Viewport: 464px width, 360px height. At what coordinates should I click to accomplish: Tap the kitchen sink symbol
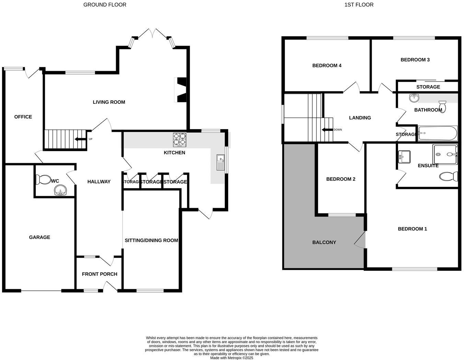tap(220, 162)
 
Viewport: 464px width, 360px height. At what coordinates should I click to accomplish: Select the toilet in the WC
tap(43, 179)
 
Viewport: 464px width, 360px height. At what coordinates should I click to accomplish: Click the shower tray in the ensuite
tap(445, 154)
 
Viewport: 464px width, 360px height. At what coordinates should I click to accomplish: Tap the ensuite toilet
tap(449, 177)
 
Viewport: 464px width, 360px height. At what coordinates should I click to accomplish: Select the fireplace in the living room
tap(181, 90)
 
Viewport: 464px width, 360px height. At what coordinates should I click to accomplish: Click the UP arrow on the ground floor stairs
tap(81, 139)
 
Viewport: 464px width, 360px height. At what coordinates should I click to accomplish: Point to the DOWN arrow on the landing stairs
tap(327, 130)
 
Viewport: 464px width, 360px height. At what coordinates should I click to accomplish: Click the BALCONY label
tap(324, 243)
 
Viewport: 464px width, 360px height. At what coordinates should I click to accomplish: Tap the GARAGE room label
tap(39, 237)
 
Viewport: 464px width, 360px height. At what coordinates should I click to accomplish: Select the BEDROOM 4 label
tap(327, 66)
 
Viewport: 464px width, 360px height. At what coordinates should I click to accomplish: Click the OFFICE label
tap(23, 117)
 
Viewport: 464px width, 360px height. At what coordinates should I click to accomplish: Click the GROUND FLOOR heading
tap(105, 5)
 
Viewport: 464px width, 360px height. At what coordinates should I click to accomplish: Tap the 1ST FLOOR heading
tap(359, 5)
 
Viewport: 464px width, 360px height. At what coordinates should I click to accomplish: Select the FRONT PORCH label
tap(100, 274)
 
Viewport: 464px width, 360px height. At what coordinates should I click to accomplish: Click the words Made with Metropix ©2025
tap(232, 358)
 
